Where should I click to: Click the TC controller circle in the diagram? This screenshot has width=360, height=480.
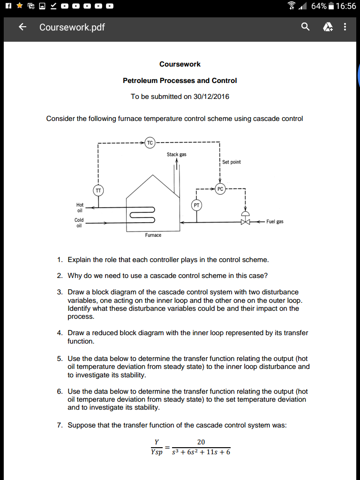pyautogui.click(x=150, y=142)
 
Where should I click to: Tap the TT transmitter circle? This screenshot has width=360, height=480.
pyautogui.click(x=98, y=190)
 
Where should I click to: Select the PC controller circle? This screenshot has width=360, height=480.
pyautogui.click(x=220, y=189)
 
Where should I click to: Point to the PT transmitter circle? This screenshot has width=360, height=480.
pyautogui.click(x=196, y=205)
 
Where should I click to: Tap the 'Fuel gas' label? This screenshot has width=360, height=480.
pyautogui.click(x=275, y=221)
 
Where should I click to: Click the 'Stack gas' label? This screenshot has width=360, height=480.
pyautogui.click(x=176, y=154)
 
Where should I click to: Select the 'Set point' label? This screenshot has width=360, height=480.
pyautogui.click(x=232, y=162)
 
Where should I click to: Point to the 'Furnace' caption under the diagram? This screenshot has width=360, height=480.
pyautogui.click(x=153, y=235)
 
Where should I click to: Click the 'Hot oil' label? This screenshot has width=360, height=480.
pyautogui.click(x=80, y=208)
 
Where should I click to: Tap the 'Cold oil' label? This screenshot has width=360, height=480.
pyautogui.click(x=79, y=223)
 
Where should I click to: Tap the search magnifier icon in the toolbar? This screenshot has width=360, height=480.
pyautogui.click(x=305, y=27)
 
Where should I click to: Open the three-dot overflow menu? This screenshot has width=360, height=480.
pyautogui.click(x=345, y=27)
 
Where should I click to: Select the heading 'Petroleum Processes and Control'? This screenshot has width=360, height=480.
pyautogui.click(x=180, y=81)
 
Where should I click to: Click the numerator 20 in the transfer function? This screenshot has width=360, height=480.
pyautogui.click(x=201, y=442)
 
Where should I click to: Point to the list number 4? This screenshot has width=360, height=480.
pyautogui.click(x=60, y=333)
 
